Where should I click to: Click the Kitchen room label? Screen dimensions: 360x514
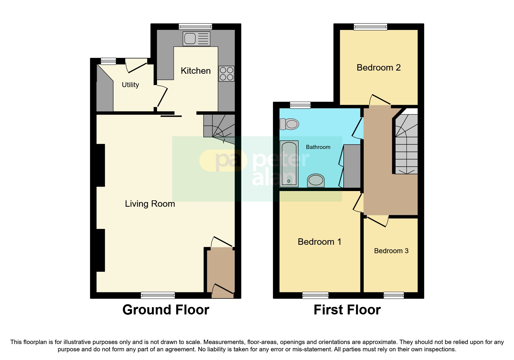tap(196, 71)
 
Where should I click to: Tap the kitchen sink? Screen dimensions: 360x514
tap(196, 39)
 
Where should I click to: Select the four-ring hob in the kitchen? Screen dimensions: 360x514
tap(226, 73)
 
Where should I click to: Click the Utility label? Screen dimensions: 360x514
tap(130, 85)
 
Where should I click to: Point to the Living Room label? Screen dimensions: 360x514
tap(150, 204)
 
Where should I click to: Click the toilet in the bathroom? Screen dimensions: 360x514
tap(289, 124)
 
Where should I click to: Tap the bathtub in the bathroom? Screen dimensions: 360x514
tap(289, 164)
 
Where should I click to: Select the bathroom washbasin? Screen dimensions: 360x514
tap(316, 180)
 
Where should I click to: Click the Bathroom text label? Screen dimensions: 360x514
tap(318, 147)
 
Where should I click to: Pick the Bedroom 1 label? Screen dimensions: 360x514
tap(319, 242)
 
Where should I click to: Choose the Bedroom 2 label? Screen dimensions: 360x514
tap(378, 68)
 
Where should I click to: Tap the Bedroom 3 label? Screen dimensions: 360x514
tap(391, 251)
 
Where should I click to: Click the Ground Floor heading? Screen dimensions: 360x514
tap(166, 310)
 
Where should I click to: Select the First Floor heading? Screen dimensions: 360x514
tap(347, 310)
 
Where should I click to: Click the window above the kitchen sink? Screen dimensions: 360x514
tap(195, 27)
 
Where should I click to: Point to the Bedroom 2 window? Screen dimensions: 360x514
tap(370, 27)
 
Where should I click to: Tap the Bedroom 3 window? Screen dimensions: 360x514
tap(394, 295)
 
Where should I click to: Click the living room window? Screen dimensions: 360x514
tap(158, 295)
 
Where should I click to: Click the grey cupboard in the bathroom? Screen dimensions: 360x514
tap(352, 166)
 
